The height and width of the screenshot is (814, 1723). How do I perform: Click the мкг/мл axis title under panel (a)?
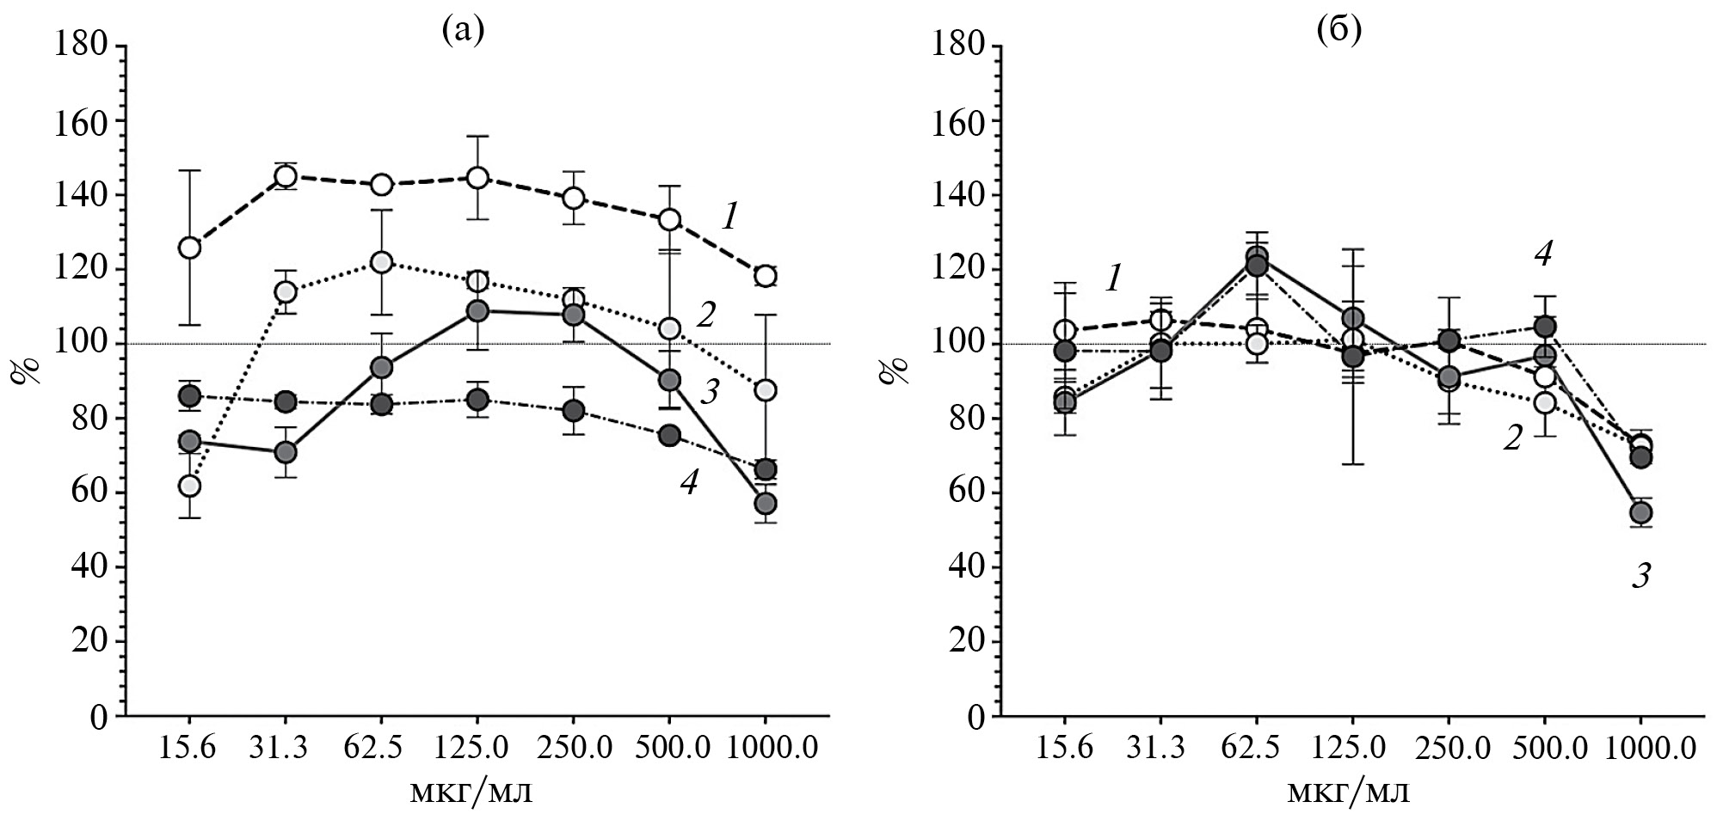[x=470, y=789]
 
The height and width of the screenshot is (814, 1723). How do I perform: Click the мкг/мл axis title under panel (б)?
[x=1348, y=789]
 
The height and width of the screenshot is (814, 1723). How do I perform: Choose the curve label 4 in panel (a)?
[x=688, y=483]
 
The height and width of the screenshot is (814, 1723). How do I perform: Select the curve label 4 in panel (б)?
[x=1543, y=254]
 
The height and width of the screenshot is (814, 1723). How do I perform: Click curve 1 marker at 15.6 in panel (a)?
[x=189, y=248]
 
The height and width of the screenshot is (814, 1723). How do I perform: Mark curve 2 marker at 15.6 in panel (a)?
[x=189, y=486]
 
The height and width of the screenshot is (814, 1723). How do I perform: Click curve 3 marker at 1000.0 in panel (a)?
[x=766, y=503]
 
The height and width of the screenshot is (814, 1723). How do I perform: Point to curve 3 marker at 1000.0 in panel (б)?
[x=1641, y=513]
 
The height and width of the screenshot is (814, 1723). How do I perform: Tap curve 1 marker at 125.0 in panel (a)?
[x=477, y=178]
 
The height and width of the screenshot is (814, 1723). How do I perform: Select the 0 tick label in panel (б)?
[x=975, y=717]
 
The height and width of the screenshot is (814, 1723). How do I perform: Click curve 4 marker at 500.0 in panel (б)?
[x=1545, y=327]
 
